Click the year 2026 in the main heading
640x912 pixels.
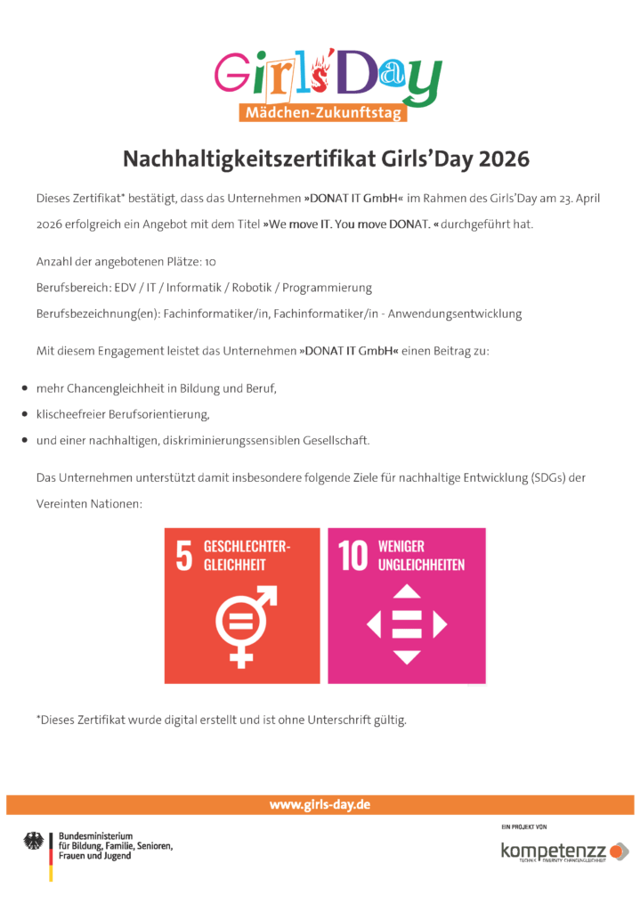coord(504,159)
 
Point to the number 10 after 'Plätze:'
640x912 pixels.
coord(210,263)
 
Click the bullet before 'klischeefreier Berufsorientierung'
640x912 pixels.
coord(23,415)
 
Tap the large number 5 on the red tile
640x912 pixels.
coord(183,556)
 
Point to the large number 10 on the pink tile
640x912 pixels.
coord(352,556)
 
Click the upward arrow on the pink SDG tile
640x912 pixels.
coord(407,591)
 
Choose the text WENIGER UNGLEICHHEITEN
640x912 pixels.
coord(420,556)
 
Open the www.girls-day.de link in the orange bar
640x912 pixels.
coord(320,804)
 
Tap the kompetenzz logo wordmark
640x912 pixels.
coord(554,850)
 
